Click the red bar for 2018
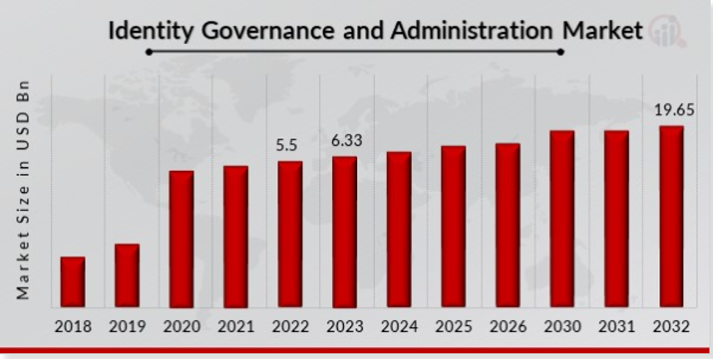tap(73, 282)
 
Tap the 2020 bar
tap(181, 238)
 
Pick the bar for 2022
tap(290, 234)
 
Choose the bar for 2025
tap(453, 226)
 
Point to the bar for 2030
tap(562, 219)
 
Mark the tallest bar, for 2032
tap(671, 216)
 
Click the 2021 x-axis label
tap(236, 327)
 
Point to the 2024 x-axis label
tap(399, 327)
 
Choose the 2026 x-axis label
tap(508, 327)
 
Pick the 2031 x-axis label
tap(617, 327)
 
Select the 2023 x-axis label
tap(344, 327)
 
